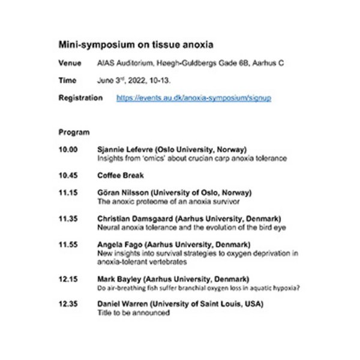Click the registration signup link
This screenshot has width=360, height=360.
[x=194, y=97]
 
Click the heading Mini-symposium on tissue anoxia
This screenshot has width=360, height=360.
[x=136, y=45]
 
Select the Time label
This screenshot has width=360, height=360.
[x=67, y=80]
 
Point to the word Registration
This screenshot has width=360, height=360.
[x=80, y=97]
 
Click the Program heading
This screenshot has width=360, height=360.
[x=74, y=132]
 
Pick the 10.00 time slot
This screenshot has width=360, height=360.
[x=68, y=149]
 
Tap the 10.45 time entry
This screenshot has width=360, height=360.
[x=68, y=176]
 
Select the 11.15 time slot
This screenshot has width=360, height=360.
[x=68, y=193]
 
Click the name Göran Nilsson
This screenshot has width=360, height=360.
[x=122, y=193]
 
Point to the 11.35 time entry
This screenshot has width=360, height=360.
[x=68, y=219]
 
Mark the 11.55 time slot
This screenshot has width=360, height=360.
[x=68, y=245]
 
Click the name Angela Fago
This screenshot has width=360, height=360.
[x=118, y=245]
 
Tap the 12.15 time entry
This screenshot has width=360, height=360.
[x=68, y=279]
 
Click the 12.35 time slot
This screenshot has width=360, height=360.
[x=68, y=304]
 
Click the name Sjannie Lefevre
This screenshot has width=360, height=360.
[x=127, y=149]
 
